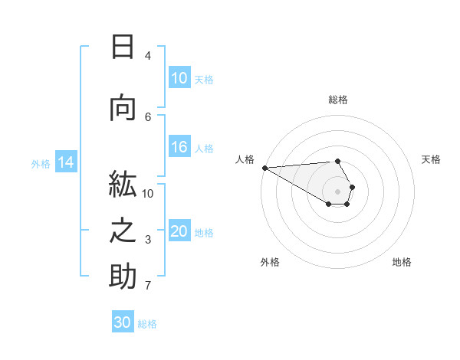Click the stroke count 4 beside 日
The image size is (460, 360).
pyautogui.click(x=148, y=56)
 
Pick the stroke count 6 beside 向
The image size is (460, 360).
pyautogui.click(x=148, y=116)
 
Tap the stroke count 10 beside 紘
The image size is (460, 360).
pyautogui.click(x=148, y=194)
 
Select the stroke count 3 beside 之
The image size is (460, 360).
pyautogui.click(x=148, y=240)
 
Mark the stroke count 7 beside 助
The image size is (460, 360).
pyautogui.click(x=148, y=286)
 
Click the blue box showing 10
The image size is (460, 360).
pyautogui.click(x=179, y=77)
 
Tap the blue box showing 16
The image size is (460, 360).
pyautogui.click(x=179, y=147)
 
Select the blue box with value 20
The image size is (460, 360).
pyautogui.click(x=179, y=231)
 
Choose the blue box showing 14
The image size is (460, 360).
pyautogui.click(x=65, y=162)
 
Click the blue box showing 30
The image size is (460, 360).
pyautogui.click(x=123, y=322)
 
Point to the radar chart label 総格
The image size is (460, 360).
pyautogui.click(x=338, y=100)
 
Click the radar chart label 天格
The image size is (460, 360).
pyautogui.click(x=431, y=159)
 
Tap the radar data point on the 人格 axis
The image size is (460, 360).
pyautogui.click(x=264, y=168)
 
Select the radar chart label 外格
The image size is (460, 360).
pyautogui.click(x=270, y=262)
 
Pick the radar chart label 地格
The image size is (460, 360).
pyautogui.click(x=402, y=262)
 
